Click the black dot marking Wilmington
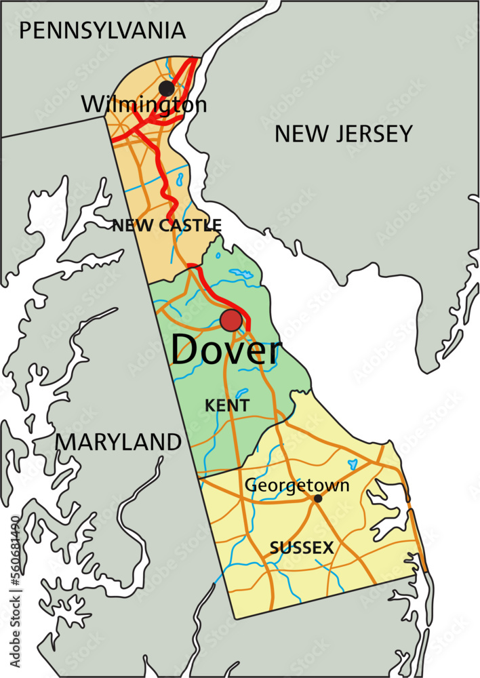[166, 88]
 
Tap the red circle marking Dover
[231, 321]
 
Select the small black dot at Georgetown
[317, 498]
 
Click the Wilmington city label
[144, 104]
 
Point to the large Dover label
[225, 351]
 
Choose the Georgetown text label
[297, 485]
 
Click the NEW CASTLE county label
[167, 225]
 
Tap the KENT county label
[227, 405]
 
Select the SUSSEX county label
[302, 548]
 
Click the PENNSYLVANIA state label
[102, 31]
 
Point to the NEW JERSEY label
[343, 134]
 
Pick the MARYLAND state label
[119, 442]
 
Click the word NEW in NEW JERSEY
[297, 134]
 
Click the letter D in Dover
[184, 351]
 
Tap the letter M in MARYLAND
[66, 442]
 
